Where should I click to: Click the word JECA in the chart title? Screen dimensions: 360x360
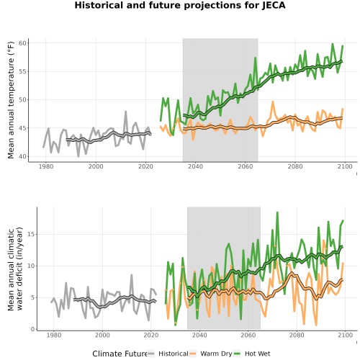pyautogui.click(x=274, y=5)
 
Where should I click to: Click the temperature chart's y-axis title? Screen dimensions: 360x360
pyautogui.click(x=11, y=100)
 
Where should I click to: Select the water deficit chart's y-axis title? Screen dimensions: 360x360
pyautogui.click(x=15, y=269)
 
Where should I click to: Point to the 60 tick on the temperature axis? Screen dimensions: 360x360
pyautogui.click(x=22, y=43)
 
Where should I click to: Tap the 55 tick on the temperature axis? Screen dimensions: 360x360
pyautogui.click(x=22, y=71)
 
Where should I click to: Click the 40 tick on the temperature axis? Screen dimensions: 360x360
pyautogui.click(x=22, y=156)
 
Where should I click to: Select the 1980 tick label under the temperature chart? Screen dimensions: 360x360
pyautogui.click(x=46, y=166)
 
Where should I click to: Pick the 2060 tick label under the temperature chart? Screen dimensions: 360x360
pyautogui.click(x=246, y=166)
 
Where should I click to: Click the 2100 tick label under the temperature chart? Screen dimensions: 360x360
pyautogui.click(x=345, y=166)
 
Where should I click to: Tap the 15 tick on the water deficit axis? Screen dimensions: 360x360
pyautogui.click(x=31, y=234)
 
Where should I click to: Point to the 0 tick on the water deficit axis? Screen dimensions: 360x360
pyautogui.click(x=32, y=329)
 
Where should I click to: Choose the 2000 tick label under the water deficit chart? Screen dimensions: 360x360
pyautogui.click(x=102, y=335)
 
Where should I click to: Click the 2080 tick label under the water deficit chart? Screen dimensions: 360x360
pyautogui.click(x=297, y=335)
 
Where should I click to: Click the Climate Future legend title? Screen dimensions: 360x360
pyautogui.click(x=120, y=354)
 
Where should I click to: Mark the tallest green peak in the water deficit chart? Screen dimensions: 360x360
pyautogui.click(x=277, y=212)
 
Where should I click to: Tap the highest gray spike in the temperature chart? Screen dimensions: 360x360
pyautogui.click(x=125, y=112)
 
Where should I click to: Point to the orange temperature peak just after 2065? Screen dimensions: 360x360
pyautogui.click(x=273, y=102)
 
